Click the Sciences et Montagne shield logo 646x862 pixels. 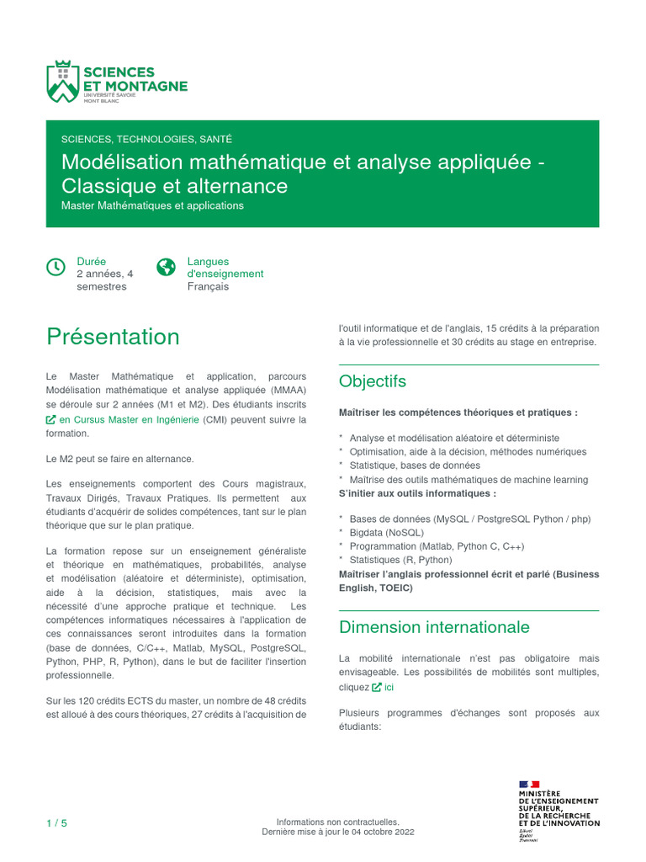62,82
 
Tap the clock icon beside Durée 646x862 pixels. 56,267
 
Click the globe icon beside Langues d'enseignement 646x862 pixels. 167,267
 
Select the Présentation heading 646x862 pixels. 113,337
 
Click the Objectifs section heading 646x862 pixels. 372,381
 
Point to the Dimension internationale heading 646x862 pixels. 434,627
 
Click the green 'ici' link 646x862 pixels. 389,687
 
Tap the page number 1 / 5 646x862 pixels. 56,822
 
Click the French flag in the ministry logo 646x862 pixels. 529,785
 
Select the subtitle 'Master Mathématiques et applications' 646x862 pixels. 152,205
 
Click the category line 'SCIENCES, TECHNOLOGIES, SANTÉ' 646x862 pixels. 146,139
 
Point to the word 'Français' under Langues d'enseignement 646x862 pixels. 208,286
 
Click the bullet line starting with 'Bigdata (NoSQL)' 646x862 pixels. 386,533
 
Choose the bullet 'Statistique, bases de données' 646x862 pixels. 415,466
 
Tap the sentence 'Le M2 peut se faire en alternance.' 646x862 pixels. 119,459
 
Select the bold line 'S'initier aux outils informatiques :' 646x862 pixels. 417,493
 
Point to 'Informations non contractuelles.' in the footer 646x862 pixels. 337,822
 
